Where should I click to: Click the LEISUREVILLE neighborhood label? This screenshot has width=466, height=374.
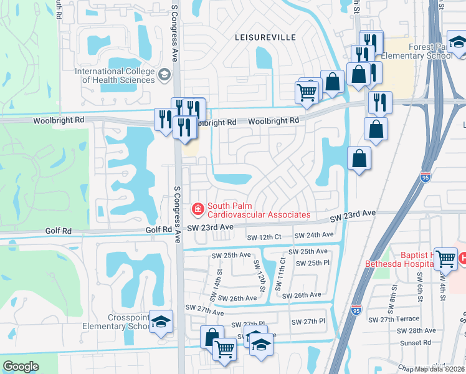tap(265, 37)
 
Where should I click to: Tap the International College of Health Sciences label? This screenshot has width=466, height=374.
tap(115, 75)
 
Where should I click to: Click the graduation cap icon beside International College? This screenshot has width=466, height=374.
tap(164, 75)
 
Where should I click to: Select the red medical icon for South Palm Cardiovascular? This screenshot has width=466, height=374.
tap(198, 209)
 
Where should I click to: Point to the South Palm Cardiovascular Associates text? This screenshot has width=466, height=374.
tap(259, 210)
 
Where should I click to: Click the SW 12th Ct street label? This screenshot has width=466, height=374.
tap(264, 237)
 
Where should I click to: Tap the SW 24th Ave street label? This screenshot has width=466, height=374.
tap(315, 236)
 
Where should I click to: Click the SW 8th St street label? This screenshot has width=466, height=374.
tap(394, 292)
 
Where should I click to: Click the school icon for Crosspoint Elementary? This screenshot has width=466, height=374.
tap(161, 322)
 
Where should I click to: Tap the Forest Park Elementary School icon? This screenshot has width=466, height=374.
tap(458, 43)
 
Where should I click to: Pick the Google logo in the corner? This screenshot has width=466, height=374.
tap(21, 367)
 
